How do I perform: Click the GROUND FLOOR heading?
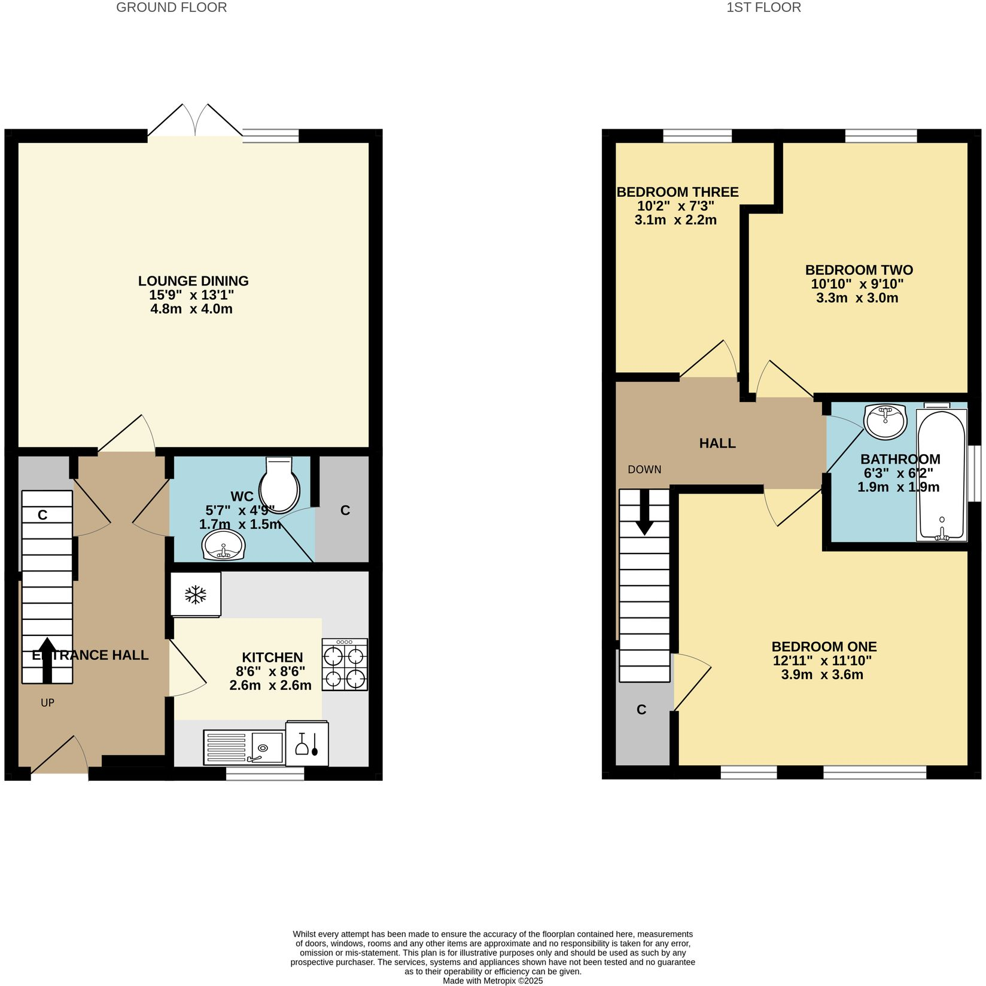pyautogui.click(x=171, y=8)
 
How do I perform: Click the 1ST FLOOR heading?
pyautogui.click(x=763, y=8)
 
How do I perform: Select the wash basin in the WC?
pyautogui.click(x=223, y=546)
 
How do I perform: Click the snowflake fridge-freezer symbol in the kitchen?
pyautogui.click(x=196, y=594)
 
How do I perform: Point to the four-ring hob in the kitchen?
pyautogui.click(x=345, y=665)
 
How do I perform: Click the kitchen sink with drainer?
pyautogui.click(x=244, y=747)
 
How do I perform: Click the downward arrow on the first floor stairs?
pyautogui.click(x=644, y=512)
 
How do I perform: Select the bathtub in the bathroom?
pyautogui.click(x=942, y=476)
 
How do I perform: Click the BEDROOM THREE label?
pyautogui.click(x=677, y=192)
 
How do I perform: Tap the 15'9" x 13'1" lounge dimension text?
pyautogui.click(x=191, y=295)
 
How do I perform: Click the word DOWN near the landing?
pyautogui.click(x=644, y=470)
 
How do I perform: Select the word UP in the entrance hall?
pyautogui.click(x=47, y=702)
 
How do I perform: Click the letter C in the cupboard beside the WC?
pyautogui.click(x=345, y=510)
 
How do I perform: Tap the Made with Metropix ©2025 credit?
pyautogui.click(x=492, y=981)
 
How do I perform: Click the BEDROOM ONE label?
pyautogui.click(x=824, y=647)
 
